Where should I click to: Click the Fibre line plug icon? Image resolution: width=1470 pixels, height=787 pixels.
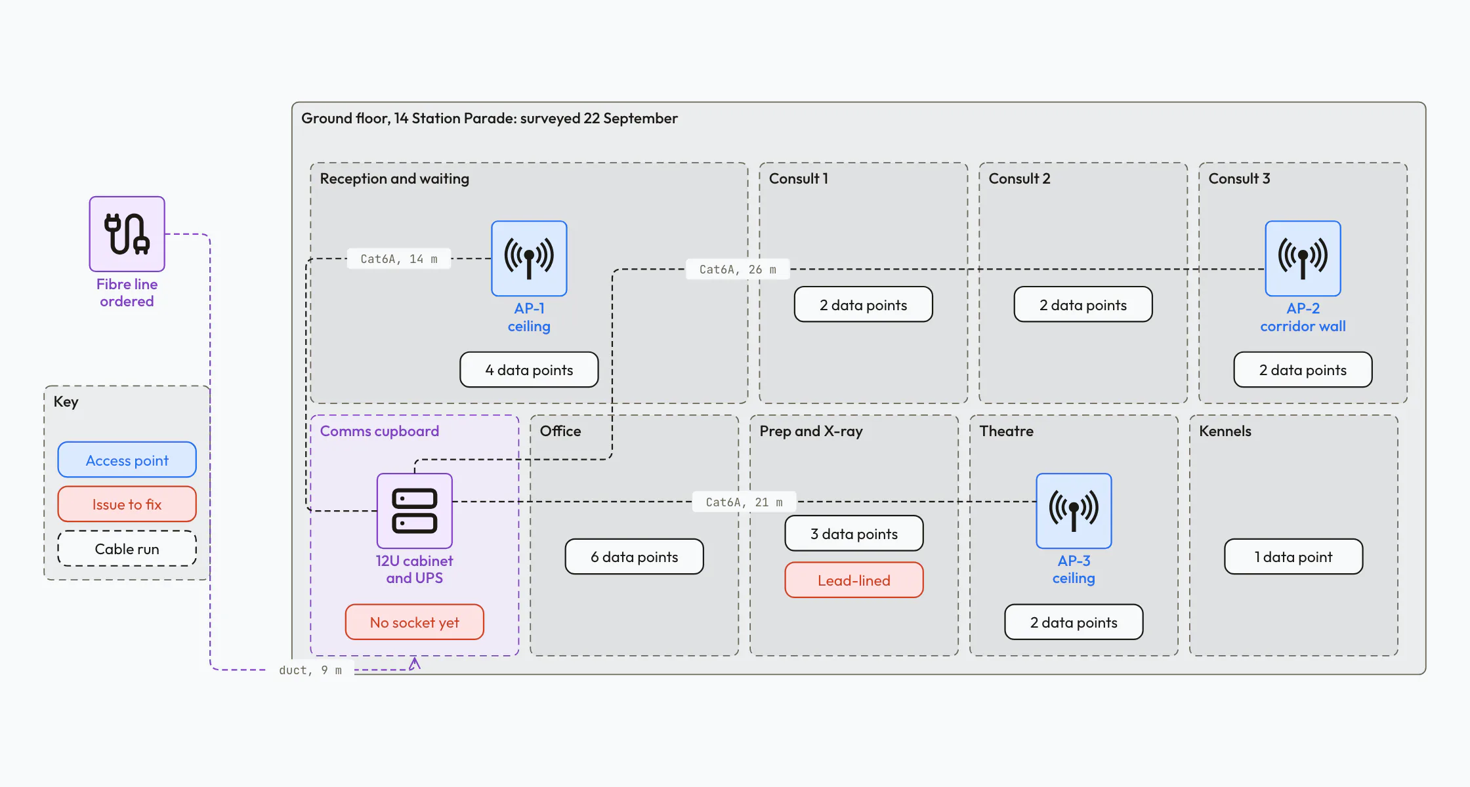click(127, 233)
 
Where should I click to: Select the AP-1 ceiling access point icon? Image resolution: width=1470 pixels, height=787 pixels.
click(529, 258)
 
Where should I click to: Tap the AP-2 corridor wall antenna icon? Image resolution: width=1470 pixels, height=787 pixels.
click(1303, 258)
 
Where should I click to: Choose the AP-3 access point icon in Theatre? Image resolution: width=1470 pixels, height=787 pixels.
click(1074, 511)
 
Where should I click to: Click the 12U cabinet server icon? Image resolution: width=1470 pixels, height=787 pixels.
click(414, 511)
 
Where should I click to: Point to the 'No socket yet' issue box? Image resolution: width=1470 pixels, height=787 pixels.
click(414, 622)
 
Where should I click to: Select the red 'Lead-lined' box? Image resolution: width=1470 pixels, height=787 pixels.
click(854, 580)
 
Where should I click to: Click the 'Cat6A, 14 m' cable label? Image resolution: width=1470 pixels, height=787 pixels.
click(399, 258)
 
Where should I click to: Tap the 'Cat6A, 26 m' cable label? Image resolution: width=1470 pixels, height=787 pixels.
click(738, 269)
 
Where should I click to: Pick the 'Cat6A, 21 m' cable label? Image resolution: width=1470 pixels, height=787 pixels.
click(744, 502)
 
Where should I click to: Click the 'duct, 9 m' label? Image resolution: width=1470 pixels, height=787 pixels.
click(310, 670)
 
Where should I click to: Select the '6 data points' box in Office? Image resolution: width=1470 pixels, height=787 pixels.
click(634, 556)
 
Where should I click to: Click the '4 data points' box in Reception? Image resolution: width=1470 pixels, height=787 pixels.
click(529, 369)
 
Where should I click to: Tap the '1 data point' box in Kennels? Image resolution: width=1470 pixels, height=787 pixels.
click(1293, 556)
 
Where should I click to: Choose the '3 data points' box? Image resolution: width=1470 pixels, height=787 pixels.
click(854, 533)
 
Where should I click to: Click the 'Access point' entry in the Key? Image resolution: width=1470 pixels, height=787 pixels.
click(127, 460)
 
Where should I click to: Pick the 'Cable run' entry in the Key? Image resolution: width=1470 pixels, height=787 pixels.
click(127, 548)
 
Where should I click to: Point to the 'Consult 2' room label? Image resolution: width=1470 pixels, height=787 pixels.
click(1019, 178)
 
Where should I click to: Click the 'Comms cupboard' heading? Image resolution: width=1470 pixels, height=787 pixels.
click(379, 431)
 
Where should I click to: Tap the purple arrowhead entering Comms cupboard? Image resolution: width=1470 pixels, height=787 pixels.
click(415, 663)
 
